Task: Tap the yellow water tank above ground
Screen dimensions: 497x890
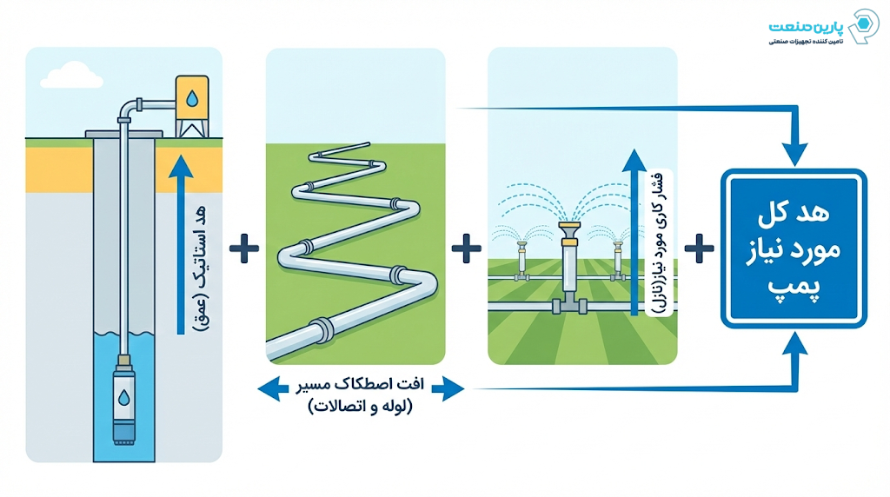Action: tap(191, 101)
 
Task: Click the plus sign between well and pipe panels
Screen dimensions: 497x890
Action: tap(244, 248)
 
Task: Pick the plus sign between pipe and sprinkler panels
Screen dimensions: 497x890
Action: tap(467, 248)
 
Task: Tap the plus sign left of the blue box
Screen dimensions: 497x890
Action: tap(699, 248)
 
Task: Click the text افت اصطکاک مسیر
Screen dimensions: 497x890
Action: tap(360, 384)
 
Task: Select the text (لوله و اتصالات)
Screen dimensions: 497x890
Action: tap(360, 406)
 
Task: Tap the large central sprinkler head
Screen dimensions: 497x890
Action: tap(570, 230)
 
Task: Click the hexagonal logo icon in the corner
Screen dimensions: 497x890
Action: tap(864, 28)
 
